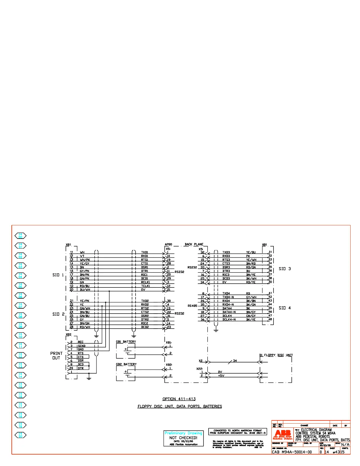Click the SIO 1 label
click(58, 275)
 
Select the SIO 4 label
click(285, 308)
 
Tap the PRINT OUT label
click(56, 355)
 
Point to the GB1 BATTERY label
click(126, 342)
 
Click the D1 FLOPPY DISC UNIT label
click(276, 355)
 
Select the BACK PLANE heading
click(194, 244)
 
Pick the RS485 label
click(192, 306)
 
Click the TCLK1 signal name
click(145, 286)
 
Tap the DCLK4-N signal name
click(229, 319)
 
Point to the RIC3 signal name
click(226, 274)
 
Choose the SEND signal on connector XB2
click(81, 346)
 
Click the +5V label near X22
click(221, 375)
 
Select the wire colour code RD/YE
click(251, 282)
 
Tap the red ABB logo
click(282, 433)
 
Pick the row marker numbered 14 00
click(20, 236)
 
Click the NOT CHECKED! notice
click(183, 437)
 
